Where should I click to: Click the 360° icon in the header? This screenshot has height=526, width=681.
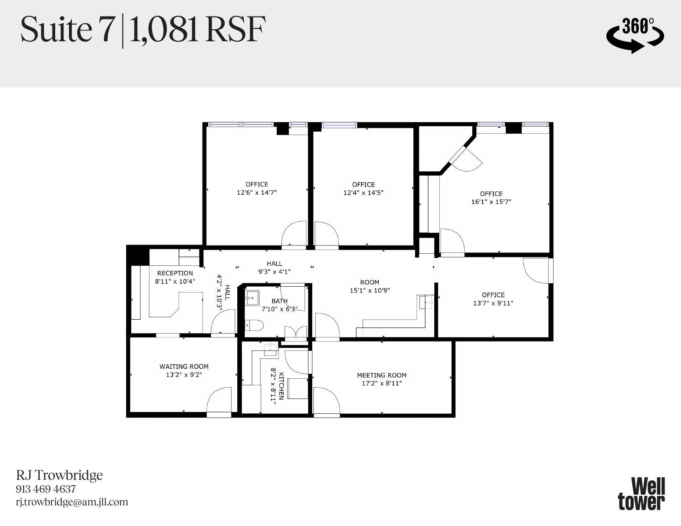tap(635, 35)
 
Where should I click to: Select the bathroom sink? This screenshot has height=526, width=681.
tap(252, 297)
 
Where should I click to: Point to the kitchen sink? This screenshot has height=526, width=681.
tap(271, 350)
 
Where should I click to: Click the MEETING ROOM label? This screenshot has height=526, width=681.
tap(382, 375)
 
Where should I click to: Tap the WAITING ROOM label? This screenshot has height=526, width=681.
tap(184, 366)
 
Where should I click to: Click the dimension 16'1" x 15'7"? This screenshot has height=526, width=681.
tap(491, 202)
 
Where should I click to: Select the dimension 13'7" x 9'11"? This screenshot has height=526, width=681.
tap(493, 303)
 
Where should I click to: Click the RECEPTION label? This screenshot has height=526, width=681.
tap(175, 273)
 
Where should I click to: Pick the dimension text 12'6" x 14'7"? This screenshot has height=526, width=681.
tap(257, 193)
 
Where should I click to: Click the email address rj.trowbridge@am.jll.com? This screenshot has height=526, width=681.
tap(72, 502)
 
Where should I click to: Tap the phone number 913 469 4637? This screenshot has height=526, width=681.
tap(46, 489)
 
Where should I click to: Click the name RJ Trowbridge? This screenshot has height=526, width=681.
tap(59, 475)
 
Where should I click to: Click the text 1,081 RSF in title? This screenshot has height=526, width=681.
tap(196, 30)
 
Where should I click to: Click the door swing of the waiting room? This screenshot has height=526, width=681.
tap(220, 400)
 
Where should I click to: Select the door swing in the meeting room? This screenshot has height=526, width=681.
tap(326, 400)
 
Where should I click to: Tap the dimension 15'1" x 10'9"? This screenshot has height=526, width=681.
tap(370, 290)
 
